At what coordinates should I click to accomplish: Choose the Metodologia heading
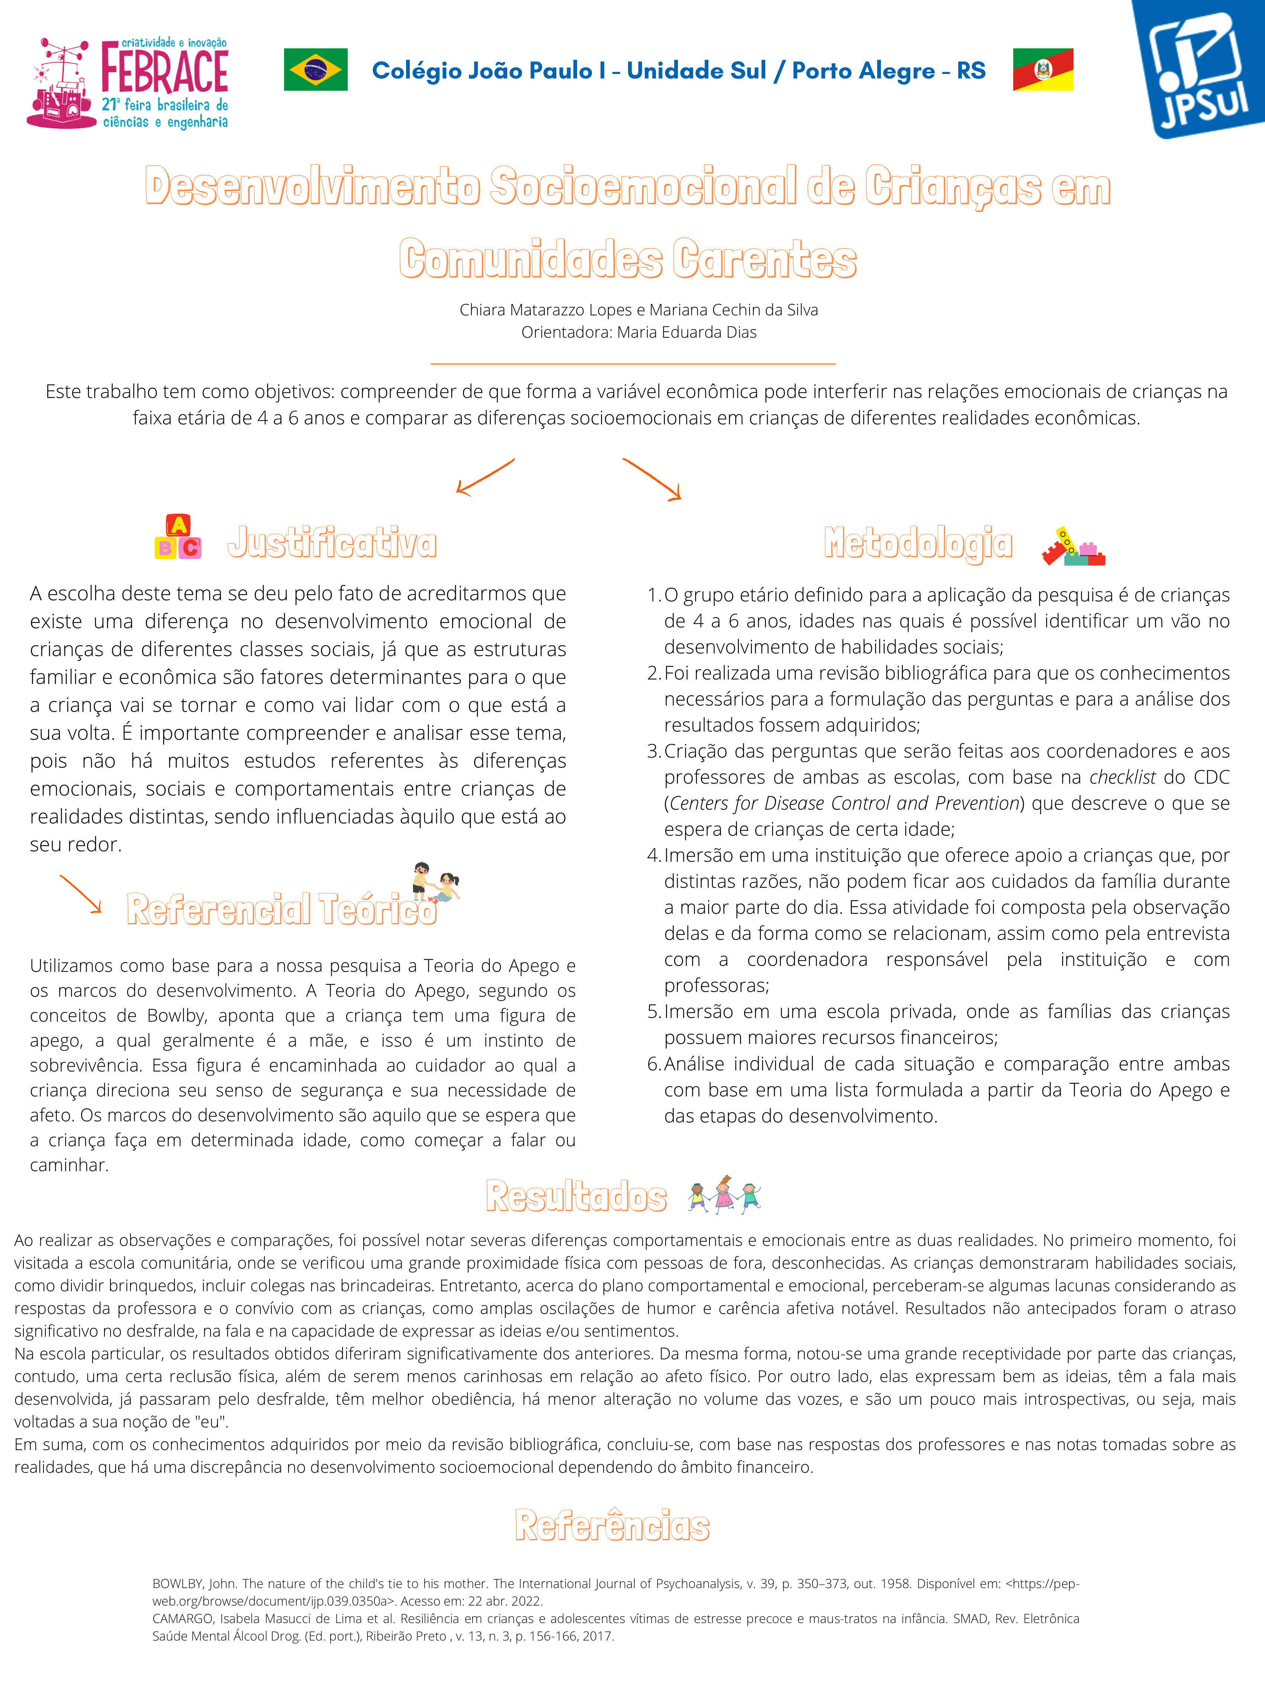918,543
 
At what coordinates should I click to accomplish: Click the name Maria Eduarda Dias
686,332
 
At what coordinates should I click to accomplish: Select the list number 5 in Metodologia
653,1012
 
